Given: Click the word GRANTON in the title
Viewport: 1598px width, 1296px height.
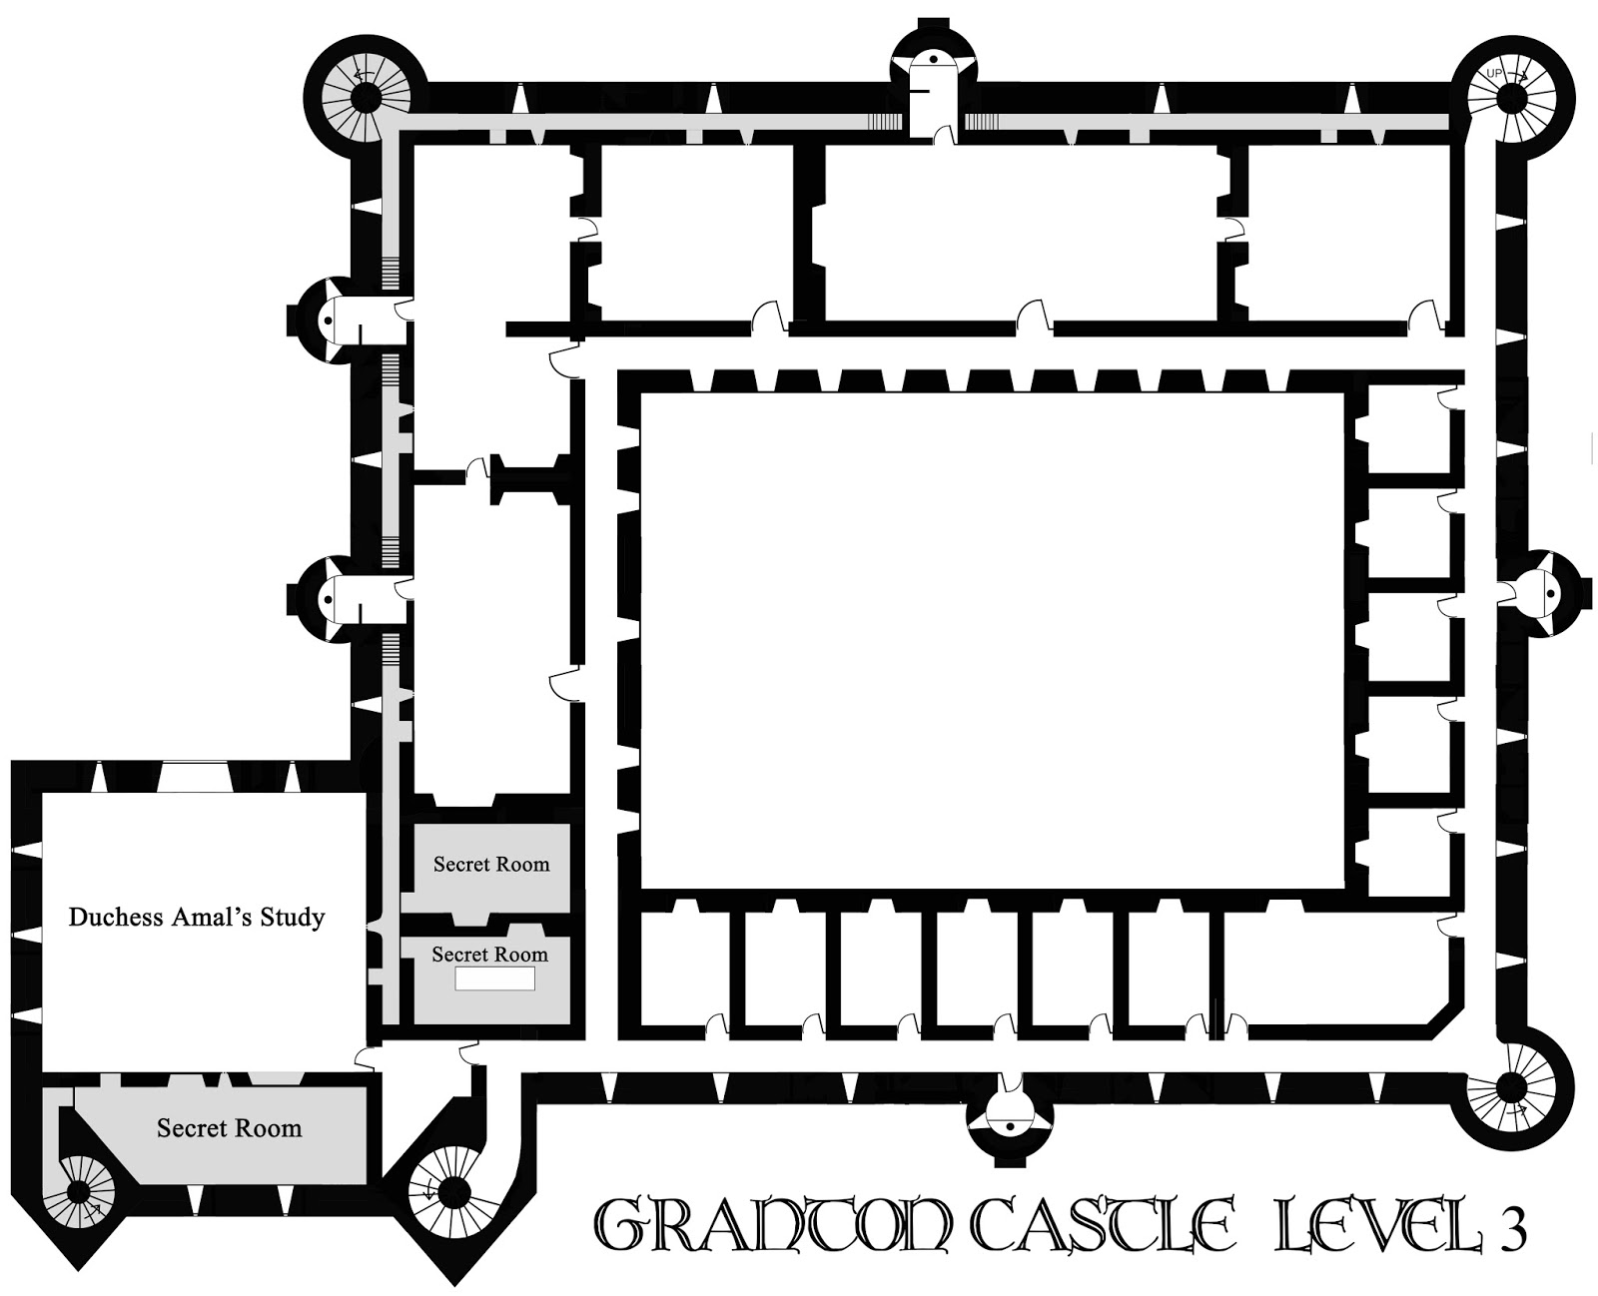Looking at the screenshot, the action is (x=773, y=1228).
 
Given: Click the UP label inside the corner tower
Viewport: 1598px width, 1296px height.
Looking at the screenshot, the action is (x=1494, y=74).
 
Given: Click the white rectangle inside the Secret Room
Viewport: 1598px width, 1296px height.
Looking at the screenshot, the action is (x=495, y=978).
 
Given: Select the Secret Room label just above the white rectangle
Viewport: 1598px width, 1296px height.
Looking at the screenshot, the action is (x=490, y=954).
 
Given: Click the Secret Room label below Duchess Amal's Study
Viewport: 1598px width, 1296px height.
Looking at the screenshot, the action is (x=229, y=1128).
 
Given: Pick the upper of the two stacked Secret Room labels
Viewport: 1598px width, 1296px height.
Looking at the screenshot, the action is (x=491, y=864).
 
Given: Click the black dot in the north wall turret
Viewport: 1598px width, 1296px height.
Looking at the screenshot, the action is (x=933, y=59).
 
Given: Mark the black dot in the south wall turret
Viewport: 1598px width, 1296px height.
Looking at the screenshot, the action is (x=1011, y=1126).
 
